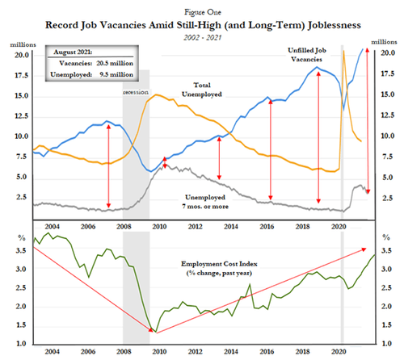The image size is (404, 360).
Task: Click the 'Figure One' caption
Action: point(203,12)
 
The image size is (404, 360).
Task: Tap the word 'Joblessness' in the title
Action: point(335,25)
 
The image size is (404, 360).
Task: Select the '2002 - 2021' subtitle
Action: point(203,37)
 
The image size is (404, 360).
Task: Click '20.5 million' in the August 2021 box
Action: point(115,63)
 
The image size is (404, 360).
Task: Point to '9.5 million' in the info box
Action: point(116,74)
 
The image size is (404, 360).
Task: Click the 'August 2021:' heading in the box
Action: point(73,52)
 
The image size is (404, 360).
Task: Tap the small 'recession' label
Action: point(136,92)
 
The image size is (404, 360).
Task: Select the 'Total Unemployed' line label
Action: point(202,90)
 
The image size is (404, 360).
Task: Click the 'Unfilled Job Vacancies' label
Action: point(307,55)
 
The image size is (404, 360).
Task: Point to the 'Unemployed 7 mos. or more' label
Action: point(205,202)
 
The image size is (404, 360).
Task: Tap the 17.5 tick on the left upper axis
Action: point(22,75)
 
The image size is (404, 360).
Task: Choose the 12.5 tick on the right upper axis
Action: point(387,115)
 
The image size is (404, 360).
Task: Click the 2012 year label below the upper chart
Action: point(196,227)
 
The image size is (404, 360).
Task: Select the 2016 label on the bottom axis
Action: point(267,351)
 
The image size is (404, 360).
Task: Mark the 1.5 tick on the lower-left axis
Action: point(21,325)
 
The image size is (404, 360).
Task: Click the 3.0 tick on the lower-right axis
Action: point(386,269)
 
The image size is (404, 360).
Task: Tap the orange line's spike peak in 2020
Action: point(343,51)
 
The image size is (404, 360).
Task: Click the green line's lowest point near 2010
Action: point(156,332)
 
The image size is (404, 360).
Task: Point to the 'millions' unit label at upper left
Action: point(23,44)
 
